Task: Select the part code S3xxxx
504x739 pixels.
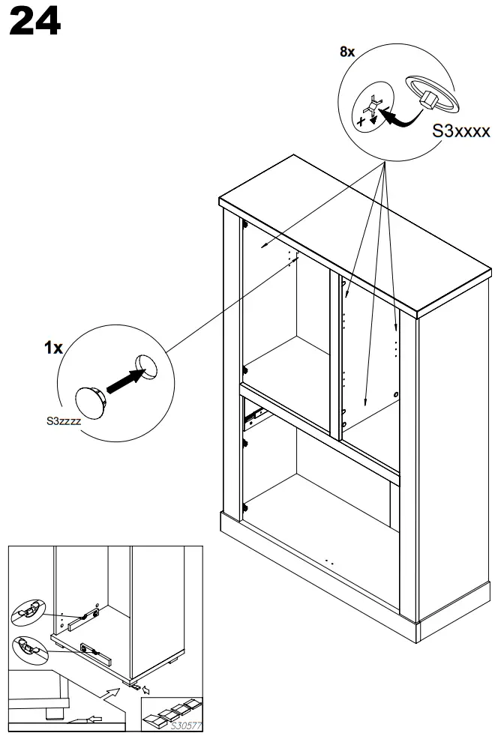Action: (461, 131)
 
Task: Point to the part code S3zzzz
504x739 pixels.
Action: (64, 421)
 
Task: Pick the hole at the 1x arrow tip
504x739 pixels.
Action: (145, 366)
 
